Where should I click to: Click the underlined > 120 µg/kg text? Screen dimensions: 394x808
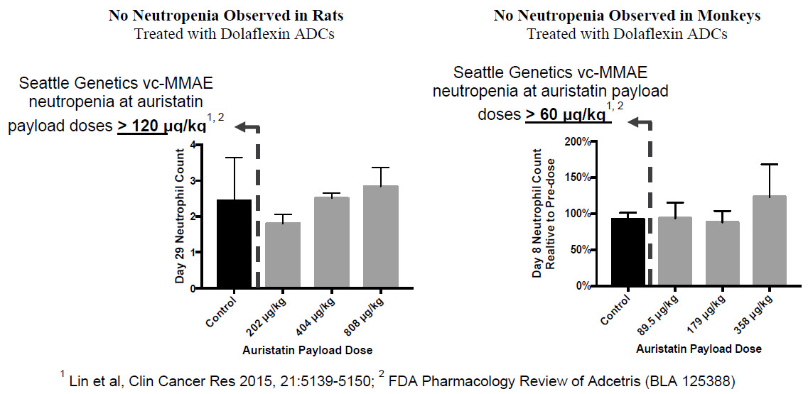tap(161, 126)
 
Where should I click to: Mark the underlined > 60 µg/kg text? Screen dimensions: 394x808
tap(566, 114)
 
